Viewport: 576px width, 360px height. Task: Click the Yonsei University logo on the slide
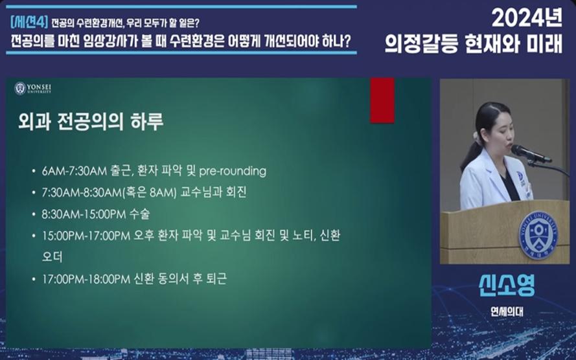coord(32,89)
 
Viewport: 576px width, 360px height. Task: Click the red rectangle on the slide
coord(382,100)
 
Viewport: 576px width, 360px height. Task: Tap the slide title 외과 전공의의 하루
coord(91,122)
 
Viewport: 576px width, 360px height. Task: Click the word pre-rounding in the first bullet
coord(233,171)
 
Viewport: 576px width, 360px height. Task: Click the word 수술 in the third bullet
coord(139,214)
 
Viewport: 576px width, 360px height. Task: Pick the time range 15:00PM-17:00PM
coord(86,236)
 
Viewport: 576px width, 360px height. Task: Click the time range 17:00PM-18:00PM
coord(86,279)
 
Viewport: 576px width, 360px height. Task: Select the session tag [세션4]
coord(29,23)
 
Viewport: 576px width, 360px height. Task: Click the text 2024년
coord(527,17)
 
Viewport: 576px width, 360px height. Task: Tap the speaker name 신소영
coord(507,285)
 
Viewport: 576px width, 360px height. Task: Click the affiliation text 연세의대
coord(507,311)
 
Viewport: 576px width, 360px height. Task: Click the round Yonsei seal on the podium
coord(538,235)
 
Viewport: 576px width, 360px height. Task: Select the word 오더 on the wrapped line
coord(52,256)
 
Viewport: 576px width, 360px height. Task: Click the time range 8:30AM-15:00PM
coord(84,214)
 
